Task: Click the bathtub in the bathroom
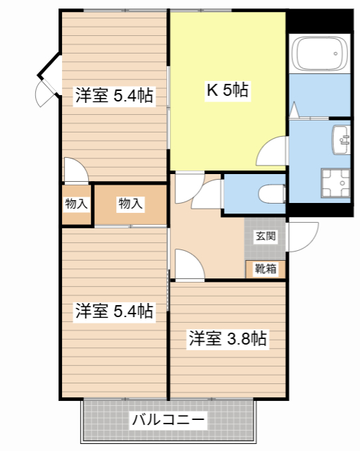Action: pos(320,54)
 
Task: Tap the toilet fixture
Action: pos(271,194)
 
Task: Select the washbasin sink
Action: pos(341,140)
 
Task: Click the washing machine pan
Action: pos(335,183)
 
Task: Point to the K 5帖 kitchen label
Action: pos(228,90)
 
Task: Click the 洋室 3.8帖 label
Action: pos(228,338)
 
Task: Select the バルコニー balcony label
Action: pos(168,420)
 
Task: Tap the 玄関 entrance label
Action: pos(266,236)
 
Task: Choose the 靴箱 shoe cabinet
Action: pos(266,269)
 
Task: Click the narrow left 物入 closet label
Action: pos(76,204)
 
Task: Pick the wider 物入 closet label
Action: pos(130,204)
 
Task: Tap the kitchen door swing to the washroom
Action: pos(272,151)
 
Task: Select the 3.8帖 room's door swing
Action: pos(190,264)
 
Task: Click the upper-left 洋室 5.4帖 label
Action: pos(114,96)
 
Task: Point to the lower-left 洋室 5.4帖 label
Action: pos(114,311)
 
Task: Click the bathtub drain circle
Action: pos(335,54)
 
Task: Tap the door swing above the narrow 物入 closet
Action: pos(76,171)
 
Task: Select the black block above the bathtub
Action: pos(321,21)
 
